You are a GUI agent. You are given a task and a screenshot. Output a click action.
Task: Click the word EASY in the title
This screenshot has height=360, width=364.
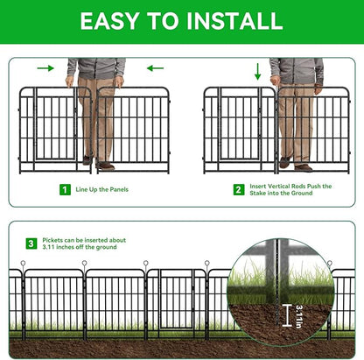click(112, 21)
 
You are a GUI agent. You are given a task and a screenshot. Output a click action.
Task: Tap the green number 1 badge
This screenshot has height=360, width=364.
click(65, 189)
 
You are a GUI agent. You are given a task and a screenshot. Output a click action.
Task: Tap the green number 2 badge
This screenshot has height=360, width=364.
click(238, 189)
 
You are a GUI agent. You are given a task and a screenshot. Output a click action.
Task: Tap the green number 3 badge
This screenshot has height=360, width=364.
click(31, 244)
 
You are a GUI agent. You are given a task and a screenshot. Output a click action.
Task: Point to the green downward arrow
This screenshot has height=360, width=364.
click(256, 70)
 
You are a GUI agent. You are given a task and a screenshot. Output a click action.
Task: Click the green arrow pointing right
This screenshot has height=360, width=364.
click(45, 67)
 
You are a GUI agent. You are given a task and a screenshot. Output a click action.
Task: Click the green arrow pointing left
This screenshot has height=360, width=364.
click(155, 67)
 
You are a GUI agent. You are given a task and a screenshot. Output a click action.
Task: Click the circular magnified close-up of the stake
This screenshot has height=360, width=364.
click(280, 290)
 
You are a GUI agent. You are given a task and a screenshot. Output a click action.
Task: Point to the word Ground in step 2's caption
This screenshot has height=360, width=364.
click(323, 194)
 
